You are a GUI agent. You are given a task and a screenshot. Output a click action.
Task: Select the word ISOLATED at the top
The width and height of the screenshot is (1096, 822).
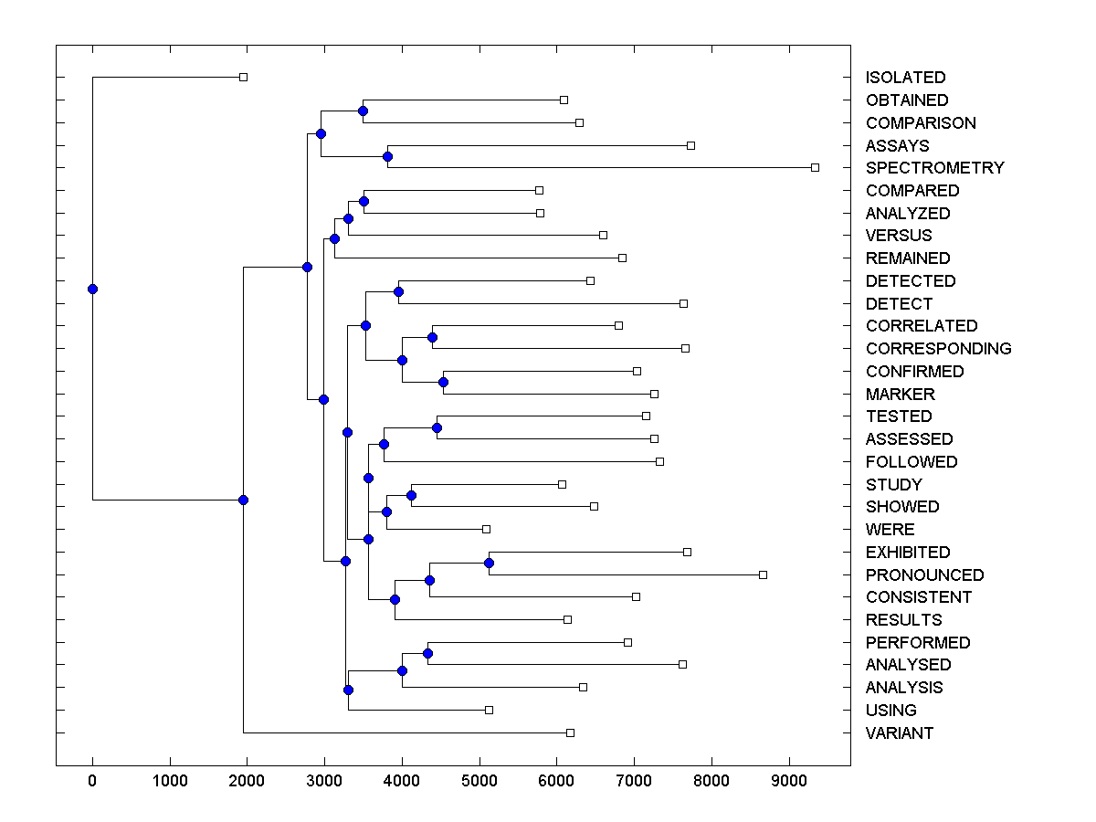[905, 78]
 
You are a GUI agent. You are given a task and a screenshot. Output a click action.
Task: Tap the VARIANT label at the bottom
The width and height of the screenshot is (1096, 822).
[899, 732]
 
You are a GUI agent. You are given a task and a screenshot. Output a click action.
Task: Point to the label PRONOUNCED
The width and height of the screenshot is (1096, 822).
[924, 574]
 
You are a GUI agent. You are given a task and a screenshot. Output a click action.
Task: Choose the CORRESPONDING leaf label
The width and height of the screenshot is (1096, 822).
[938, 348]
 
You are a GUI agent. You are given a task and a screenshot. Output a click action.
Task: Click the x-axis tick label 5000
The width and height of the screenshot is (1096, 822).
[479, 780]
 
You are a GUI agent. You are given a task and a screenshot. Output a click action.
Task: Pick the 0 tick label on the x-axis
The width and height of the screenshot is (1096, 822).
[92, 780]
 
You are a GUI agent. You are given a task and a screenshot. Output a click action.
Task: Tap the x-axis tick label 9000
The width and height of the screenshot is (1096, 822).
[789, 780]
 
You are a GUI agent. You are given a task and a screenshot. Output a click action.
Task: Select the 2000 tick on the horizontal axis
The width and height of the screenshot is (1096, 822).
[247, 780]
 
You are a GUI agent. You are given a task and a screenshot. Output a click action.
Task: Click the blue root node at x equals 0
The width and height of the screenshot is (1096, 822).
[92, 289]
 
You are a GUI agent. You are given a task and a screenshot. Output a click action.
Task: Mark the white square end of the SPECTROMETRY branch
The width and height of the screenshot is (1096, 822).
[815, 167]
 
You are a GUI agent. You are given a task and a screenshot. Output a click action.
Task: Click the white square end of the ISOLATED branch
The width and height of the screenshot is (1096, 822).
[243, 77]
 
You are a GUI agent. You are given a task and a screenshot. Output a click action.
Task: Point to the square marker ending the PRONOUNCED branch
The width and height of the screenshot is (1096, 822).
[763, 574]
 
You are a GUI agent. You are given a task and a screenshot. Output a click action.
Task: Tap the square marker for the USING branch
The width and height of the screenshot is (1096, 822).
[489, 710]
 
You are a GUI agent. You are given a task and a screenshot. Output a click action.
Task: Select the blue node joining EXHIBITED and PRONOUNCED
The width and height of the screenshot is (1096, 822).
[490, 563]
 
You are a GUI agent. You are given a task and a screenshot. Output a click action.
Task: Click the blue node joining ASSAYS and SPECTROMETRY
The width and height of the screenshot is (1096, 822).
[387, 156]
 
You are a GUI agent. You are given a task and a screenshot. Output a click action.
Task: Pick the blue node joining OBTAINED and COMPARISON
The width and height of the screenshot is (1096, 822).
[363, 111]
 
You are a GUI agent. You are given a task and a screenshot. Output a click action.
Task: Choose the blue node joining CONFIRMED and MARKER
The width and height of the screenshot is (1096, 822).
[443, 382]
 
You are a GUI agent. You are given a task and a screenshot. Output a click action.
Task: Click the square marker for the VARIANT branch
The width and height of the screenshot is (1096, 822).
[570, 732]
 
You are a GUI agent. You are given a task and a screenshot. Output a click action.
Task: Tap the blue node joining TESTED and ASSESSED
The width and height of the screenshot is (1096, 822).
[437, 427]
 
